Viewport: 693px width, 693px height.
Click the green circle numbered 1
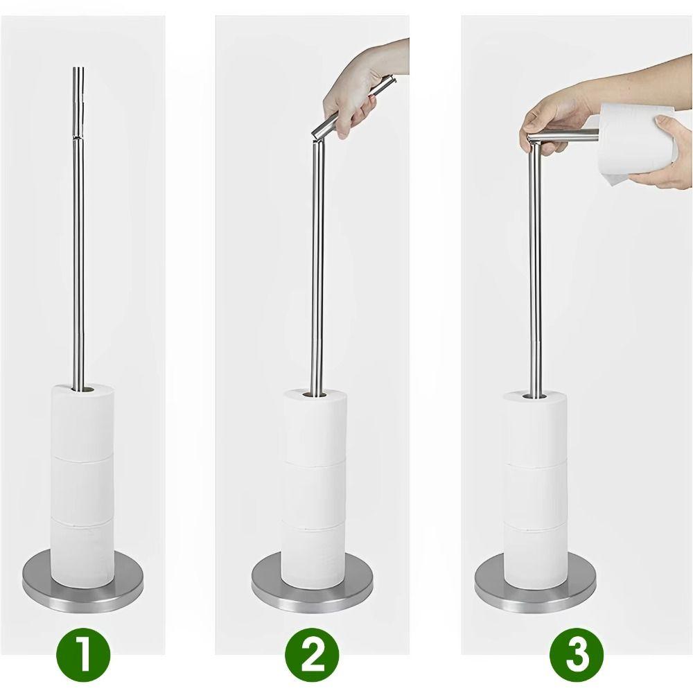pos(82,653)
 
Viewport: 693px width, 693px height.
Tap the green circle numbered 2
pos(312,653)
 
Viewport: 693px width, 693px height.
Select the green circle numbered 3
pos(576,653)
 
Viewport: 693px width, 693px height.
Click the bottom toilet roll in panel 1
pos(82,551)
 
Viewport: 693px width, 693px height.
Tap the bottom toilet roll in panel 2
pos(313,554)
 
